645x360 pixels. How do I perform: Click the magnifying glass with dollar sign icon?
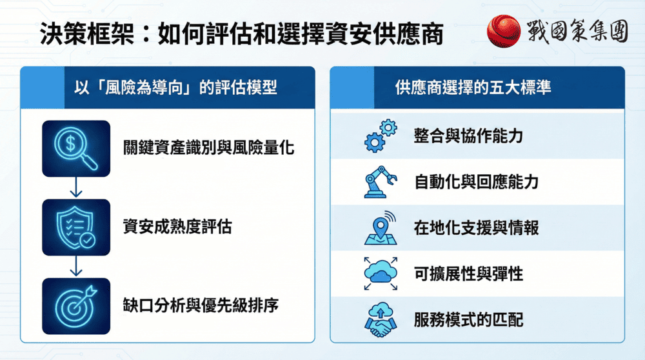coord(76,148)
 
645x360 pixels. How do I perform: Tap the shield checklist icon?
coord(76,227)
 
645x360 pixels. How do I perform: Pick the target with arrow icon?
coord(76,305)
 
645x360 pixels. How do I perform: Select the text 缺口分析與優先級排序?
coord(201,305)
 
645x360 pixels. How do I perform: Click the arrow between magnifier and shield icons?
coord(76,188)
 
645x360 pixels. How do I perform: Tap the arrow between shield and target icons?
coord(76,266)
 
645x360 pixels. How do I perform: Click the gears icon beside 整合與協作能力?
coord(381,136)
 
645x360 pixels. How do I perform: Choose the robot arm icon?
coord(381,182)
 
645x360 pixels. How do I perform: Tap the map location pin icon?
coord(381,228)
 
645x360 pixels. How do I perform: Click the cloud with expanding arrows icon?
coord(381,274)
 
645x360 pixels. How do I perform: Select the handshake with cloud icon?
coord(381,320)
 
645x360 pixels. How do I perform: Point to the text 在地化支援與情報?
coord(477,228)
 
